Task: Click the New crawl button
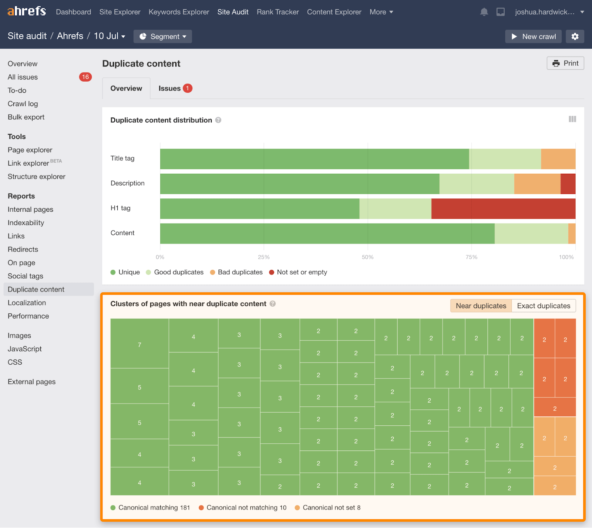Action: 533,37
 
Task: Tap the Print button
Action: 565,63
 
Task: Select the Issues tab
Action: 175,88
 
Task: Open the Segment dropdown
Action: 163,37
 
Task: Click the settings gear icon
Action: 575,37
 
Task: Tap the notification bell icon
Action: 484,12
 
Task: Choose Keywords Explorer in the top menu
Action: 179,12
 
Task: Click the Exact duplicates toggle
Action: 544,306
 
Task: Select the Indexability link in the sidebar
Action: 26,223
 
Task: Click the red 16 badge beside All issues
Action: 85,77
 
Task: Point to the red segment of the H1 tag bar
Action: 503,208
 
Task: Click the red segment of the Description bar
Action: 568,184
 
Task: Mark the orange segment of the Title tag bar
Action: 558,159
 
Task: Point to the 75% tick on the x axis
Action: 471,257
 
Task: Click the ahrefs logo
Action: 27,11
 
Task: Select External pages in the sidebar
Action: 31,382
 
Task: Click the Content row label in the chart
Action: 122,233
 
